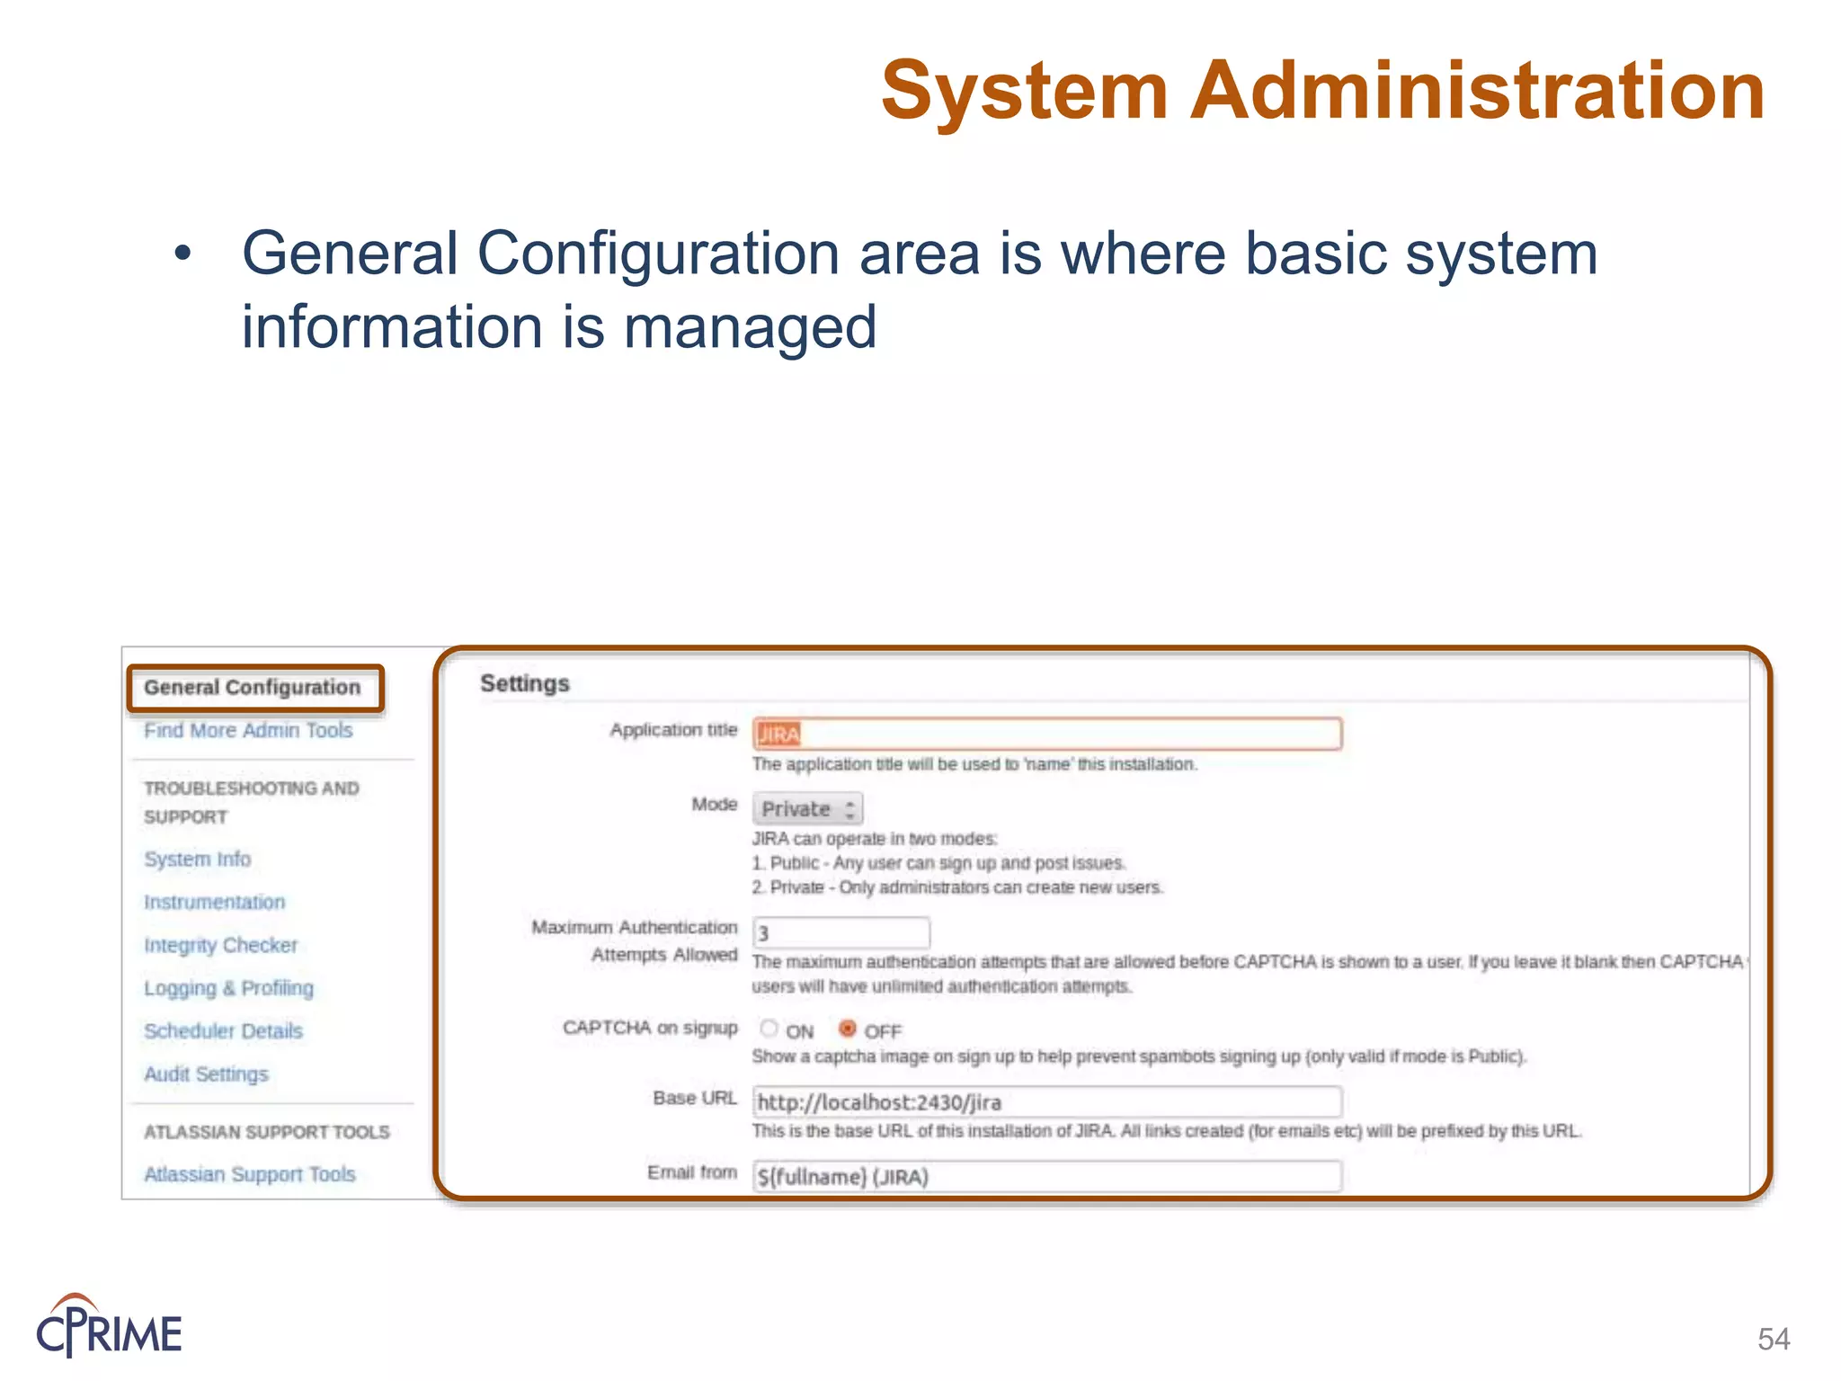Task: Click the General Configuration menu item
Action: pyautogui.click(x=253, y=688)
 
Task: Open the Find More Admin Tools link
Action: pyautogui.click(x=248, y=730)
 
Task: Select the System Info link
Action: pyautogui.click(x=198, y=859)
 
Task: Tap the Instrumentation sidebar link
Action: pyautogui.click(x=215, y=902)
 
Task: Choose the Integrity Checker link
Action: pyautogui.click(x=221, y=945)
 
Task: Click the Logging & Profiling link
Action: pyautogui.click(x=229, y=988)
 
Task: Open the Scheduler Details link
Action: pyautogui.click(x=224, y=1031)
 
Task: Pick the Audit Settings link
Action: pyautogui.click(x=207, y=1074)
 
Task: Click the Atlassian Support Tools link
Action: pyautogui.click(x=250, y=1174)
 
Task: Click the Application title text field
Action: pyautogui.click(x=1047, y=734)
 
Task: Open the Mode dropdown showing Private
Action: pyautogui.click(x=807, y=809)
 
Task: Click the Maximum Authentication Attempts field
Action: pyautogui.click(x=840, y=933)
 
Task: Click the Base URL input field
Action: pyautogui.click(x=1047, y=1102)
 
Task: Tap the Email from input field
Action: pyautogui.click(x=1047, y=1176)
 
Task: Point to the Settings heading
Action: pyautogui.click(x=525, y=683)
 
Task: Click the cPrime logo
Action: pyautogui.click(x=109, y=1326)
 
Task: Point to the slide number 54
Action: pyautogui.click(x=1774, y=1339)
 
